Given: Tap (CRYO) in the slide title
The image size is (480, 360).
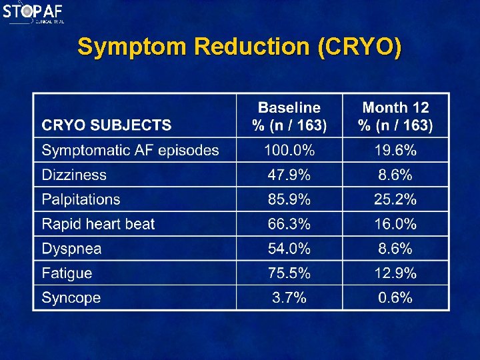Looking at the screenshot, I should coord(360,47).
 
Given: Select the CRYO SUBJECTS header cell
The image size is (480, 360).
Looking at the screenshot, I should coord(107,125).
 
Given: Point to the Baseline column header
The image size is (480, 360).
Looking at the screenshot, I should coord(289,116).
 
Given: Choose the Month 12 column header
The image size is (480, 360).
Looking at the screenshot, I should coord(395,116).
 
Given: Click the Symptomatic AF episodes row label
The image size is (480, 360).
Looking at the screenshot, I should coord(131,150).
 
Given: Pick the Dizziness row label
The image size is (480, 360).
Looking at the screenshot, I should coord(74,175).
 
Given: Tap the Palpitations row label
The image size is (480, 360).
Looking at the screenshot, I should coord(81,199).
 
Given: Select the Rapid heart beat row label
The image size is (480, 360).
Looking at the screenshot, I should coord(98,224).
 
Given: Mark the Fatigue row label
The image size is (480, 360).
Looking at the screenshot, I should coord(67,273).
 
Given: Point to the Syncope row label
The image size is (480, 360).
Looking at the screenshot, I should coord(71,298).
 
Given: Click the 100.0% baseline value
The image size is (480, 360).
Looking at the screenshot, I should coord(289,150).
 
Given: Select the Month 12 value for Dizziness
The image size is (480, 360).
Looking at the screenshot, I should coord(395,175).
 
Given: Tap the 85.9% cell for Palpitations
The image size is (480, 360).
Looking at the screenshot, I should coord(289,199).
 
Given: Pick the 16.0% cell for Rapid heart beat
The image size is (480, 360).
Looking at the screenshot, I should coord(395,224).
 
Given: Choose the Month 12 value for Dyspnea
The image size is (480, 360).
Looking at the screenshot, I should coord(395,249).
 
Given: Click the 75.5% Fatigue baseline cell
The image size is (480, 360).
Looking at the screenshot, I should coord(289,273).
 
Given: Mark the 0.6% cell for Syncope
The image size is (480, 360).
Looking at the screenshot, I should coord(395,298).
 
